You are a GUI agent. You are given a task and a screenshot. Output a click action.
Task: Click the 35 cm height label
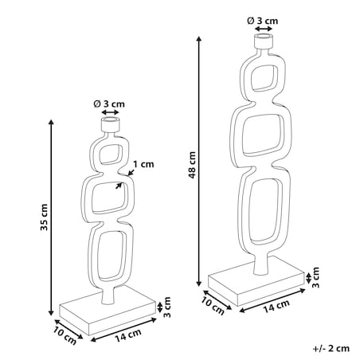click(44, 217)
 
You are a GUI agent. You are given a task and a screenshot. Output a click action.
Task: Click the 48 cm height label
click(192, 165)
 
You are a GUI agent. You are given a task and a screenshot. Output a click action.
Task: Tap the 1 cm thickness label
click(143, 164)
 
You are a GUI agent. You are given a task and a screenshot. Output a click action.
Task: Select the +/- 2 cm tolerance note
click(331, 348)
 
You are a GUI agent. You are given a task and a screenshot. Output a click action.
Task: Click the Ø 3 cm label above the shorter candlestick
click(109, 104)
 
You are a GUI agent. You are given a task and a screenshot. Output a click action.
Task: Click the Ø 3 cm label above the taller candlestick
click(263, 21)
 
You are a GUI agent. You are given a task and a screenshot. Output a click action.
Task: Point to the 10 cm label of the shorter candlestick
click(65, 335)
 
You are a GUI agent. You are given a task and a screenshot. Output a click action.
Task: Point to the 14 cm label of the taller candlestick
click(276, 307)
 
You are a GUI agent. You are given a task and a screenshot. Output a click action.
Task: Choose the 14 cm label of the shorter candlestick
click(128, 335)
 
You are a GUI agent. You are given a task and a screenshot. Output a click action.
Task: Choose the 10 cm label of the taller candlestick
click(213, 306)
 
